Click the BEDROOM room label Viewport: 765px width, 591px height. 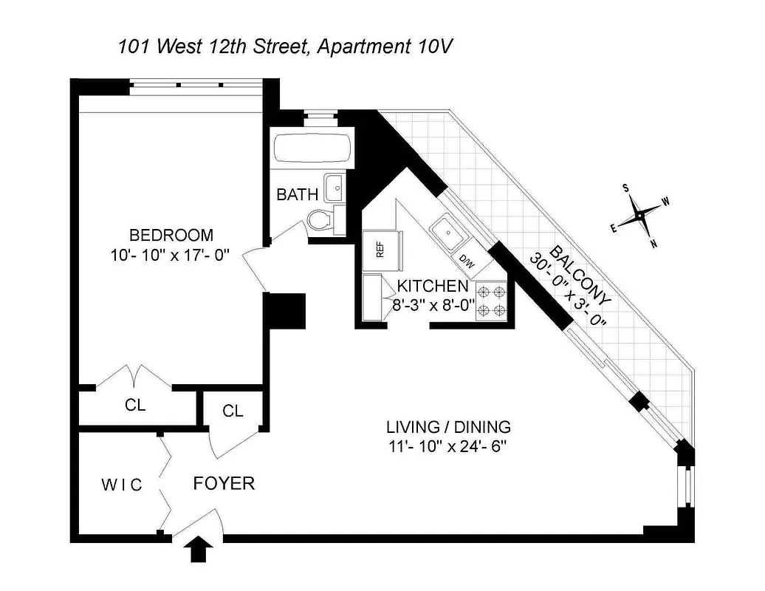[171, 236]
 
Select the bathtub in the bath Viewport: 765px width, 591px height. [311, 149]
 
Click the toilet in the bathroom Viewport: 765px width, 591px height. [320, 219]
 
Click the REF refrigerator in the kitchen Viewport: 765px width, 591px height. [380, 249]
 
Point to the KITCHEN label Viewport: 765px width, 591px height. [433, 286]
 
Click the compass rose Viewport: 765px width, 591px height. [639, 216]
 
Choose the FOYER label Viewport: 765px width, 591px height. [224, 484]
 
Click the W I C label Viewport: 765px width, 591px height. [121, 485]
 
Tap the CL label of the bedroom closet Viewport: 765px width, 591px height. [135, 406]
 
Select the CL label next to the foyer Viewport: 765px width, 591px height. [233, 411]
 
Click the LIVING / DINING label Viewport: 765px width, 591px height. [448, 427]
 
